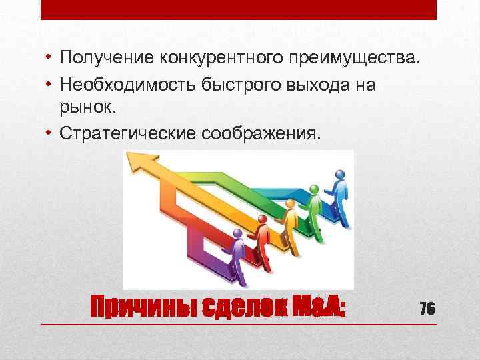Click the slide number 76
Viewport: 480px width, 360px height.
[427, 308]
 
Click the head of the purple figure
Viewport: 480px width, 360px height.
[237, 233]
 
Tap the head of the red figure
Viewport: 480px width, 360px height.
[262, 218]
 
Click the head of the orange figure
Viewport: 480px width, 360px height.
[290, 203]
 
